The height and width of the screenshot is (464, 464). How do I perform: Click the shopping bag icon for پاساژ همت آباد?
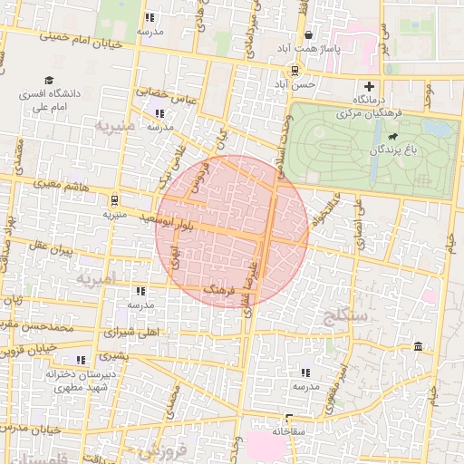tap(309, 35)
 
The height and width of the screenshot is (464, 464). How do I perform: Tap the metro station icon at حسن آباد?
tap(295, 71)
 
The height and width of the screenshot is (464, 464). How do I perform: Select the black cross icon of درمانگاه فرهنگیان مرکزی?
tap(368, 86)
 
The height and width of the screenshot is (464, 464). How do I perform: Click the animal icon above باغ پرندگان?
tap(391, 139)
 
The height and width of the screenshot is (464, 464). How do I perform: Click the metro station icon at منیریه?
tap(114, 200)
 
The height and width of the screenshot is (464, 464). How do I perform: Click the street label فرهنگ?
tap(222, 289)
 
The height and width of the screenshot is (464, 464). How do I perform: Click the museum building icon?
tap(418, 347)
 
